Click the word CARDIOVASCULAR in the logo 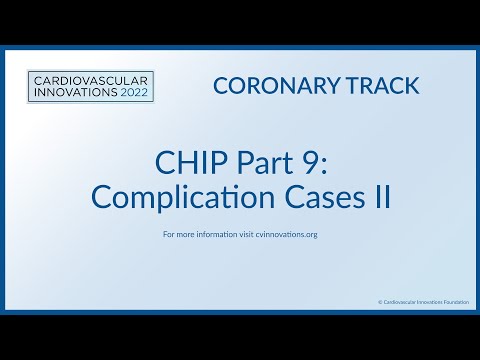(x=88, y=79)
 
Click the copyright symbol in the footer (x=380, y=300)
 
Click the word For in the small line (x=167, y=235)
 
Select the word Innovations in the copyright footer (x=428, y=300)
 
